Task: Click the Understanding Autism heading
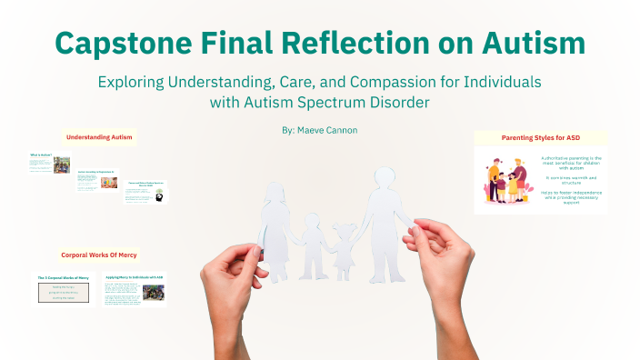[99, 137]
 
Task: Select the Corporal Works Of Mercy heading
[99, 255]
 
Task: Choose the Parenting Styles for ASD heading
[541, 137]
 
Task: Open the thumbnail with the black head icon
[145, 190]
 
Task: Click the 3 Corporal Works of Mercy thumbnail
[65, 288]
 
